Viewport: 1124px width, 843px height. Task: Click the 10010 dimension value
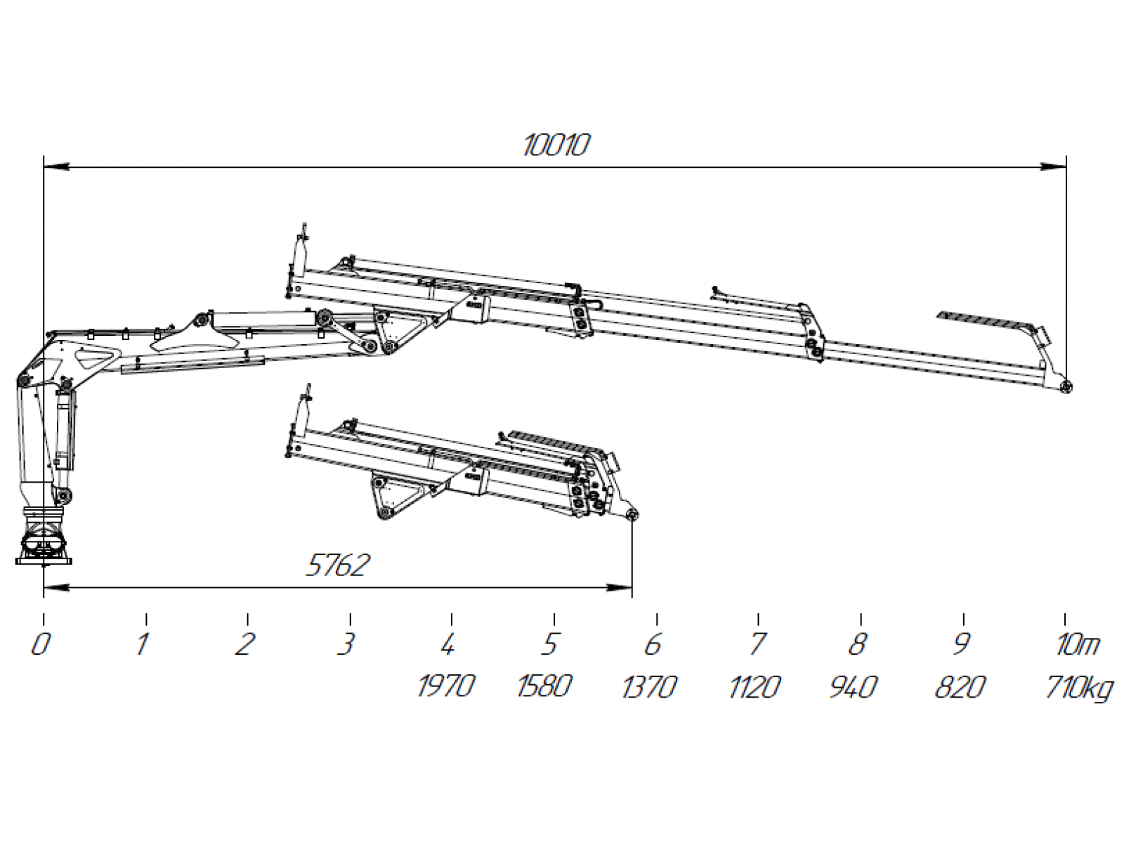tap(556, 145)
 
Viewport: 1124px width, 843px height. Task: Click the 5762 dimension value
tap(337, 566)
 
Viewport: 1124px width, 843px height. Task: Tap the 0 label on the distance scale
tap(41, 644)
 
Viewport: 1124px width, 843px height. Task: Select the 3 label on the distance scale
tap(346, 644)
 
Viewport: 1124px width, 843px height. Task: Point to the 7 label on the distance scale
tap(756, 644)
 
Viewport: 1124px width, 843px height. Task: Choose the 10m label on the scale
tap(1077, 644)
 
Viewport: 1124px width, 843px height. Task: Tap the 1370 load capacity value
tap(649, 686)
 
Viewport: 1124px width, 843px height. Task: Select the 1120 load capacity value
tap(754, 686)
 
